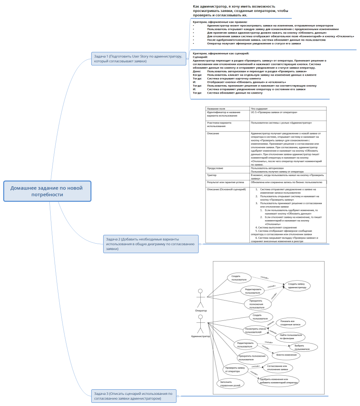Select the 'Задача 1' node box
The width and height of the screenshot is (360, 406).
click(x=138, y=59)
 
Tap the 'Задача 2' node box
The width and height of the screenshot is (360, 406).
click(x=151, y=243)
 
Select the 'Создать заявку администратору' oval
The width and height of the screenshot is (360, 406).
click(x=297, y=285)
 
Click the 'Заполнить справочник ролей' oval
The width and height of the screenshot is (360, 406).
click(x=230, y=383)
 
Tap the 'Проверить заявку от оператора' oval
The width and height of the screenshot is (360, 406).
click(x=235, y=369)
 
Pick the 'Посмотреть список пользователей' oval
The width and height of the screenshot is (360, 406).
click(x=256, y=330)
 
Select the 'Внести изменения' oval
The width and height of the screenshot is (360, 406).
click(x=286, y=355)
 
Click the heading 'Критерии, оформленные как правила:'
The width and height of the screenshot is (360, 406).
click(x=220, y=22)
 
